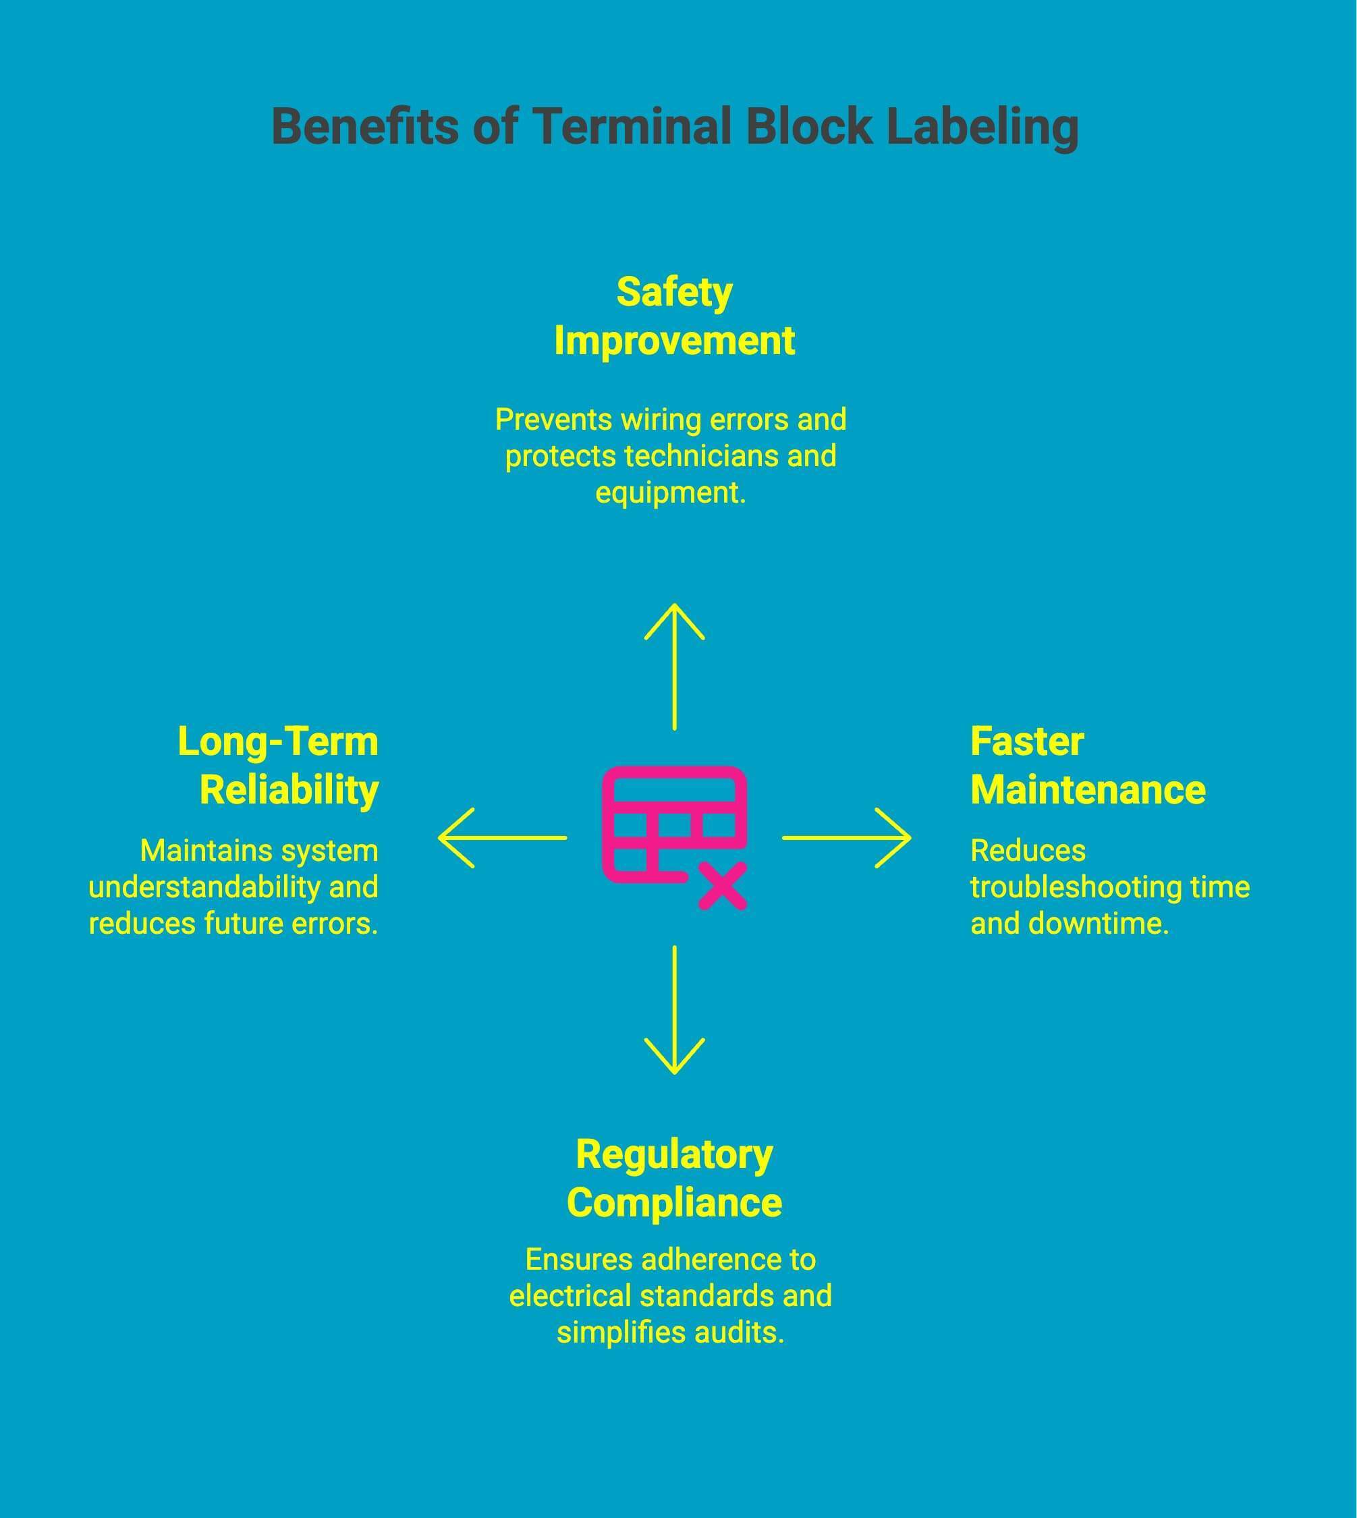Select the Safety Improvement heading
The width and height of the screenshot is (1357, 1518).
tap(674, 317)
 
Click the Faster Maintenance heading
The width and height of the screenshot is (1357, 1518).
tap(1087, 766)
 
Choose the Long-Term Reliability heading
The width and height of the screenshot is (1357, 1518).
tap(279, 766)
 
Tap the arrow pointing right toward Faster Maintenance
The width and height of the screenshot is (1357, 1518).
tap(846, 838)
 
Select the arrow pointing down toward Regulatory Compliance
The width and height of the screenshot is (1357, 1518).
tap(674, 1010)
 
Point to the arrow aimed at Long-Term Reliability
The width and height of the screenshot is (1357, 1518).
tap(503, 838)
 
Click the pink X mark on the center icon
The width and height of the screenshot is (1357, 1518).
tap(722, 887)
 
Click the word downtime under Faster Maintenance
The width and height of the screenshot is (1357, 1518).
tap(1097, 924)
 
